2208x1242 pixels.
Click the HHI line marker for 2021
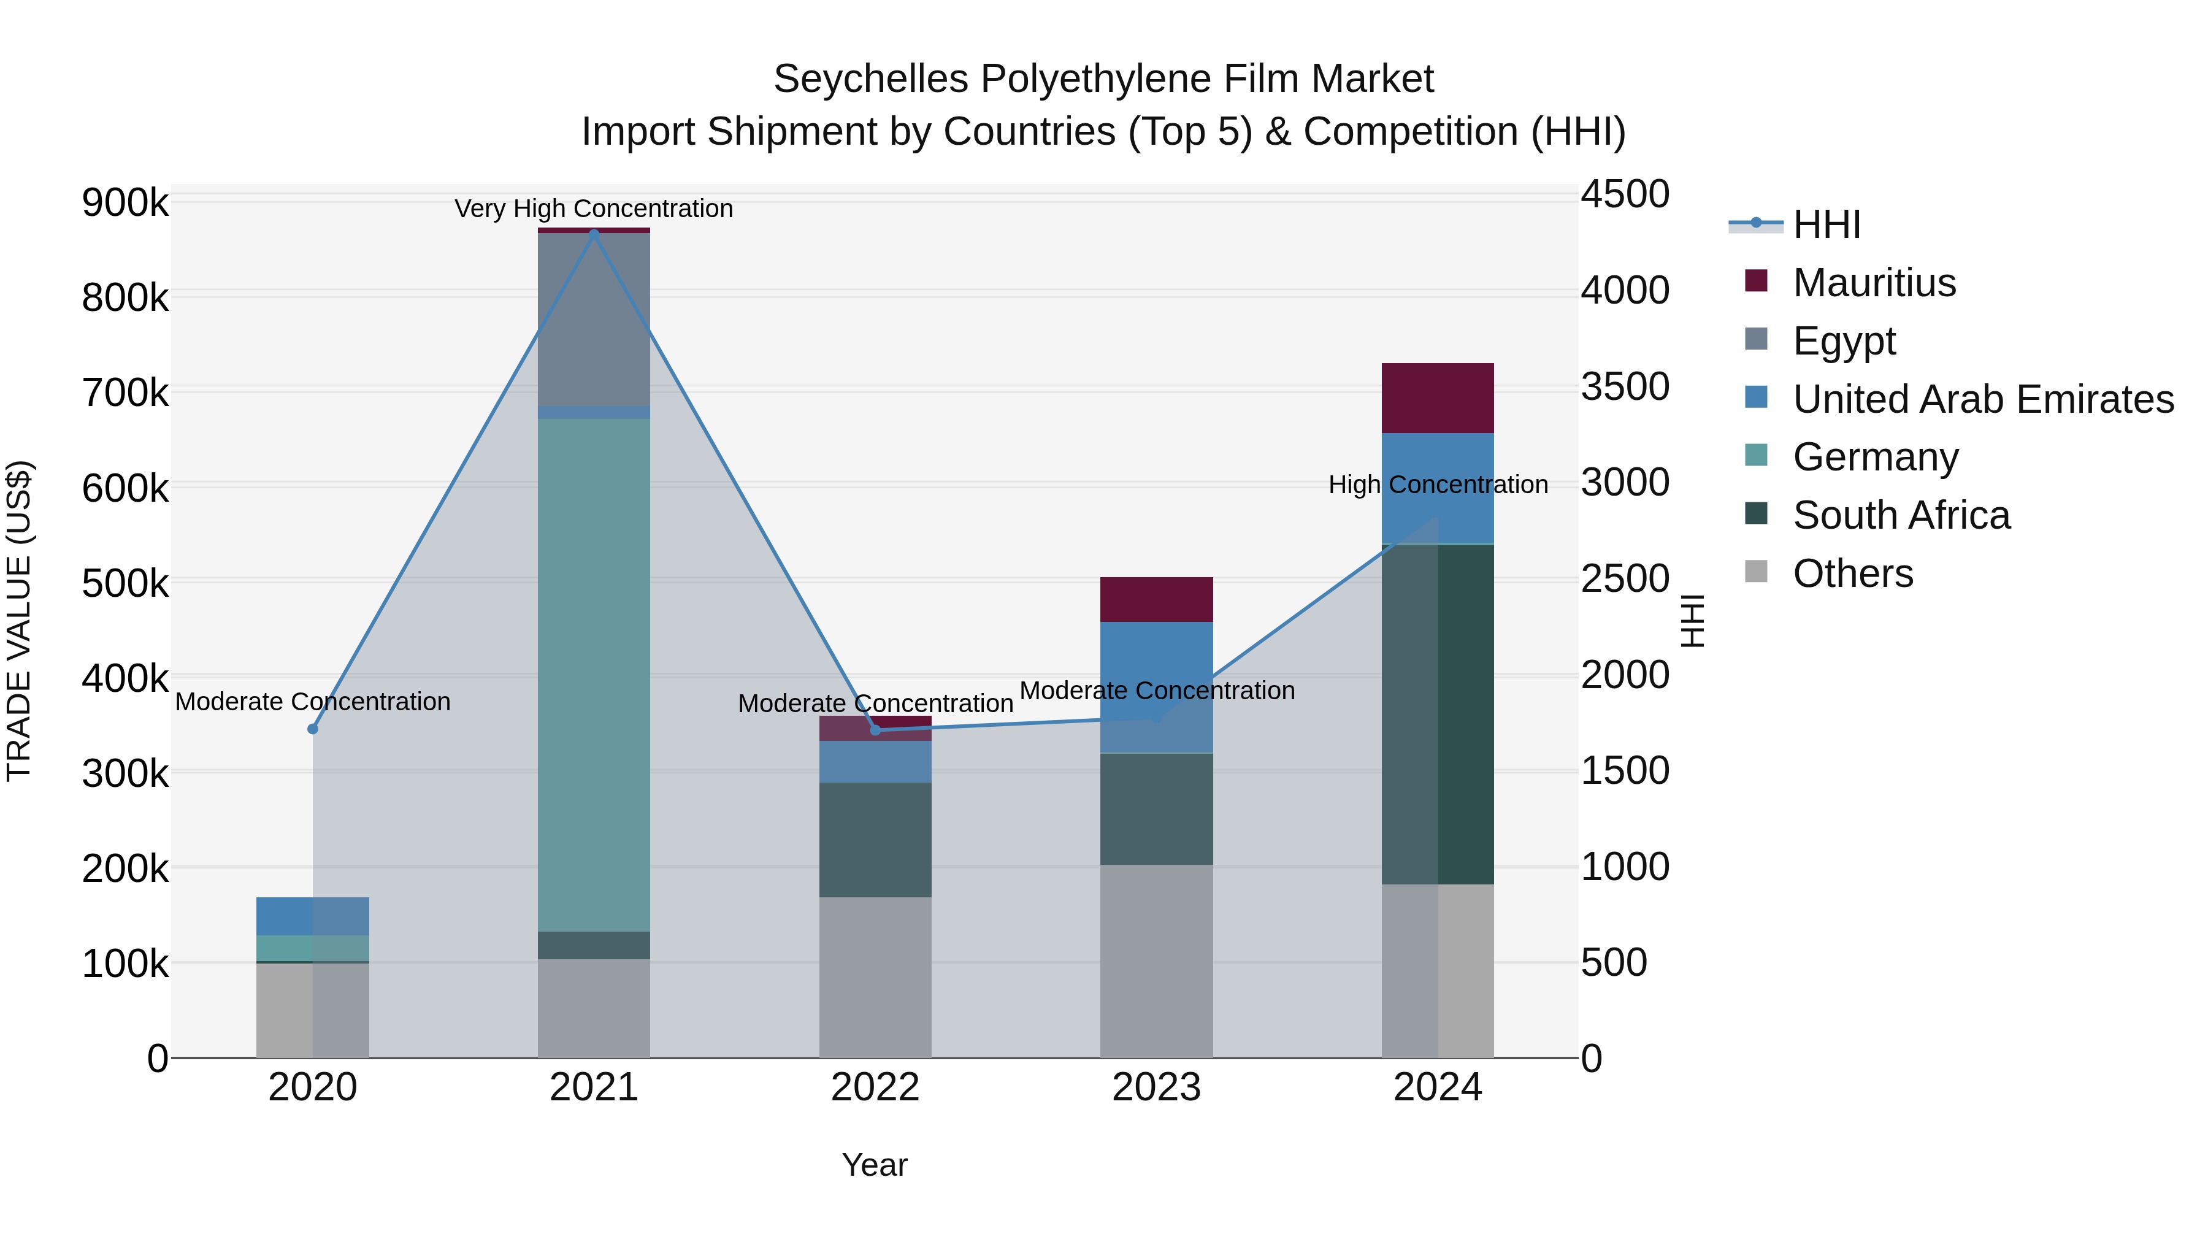594,233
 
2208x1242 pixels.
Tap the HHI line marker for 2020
313,729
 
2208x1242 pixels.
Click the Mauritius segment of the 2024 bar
1438,397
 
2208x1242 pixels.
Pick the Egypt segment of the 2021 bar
594,319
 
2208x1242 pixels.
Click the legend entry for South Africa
1901,515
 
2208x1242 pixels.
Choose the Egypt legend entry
1844,341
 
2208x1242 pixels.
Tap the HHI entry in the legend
1826,224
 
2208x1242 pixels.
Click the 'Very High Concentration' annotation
594,209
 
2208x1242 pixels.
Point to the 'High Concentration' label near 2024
1438,485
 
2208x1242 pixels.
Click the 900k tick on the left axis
125,203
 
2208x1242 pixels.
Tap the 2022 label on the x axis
875,1087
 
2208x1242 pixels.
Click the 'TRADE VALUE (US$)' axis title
19,621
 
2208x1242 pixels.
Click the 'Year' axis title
874,1165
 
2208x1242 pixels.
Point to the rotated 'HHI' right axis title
1692,621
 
